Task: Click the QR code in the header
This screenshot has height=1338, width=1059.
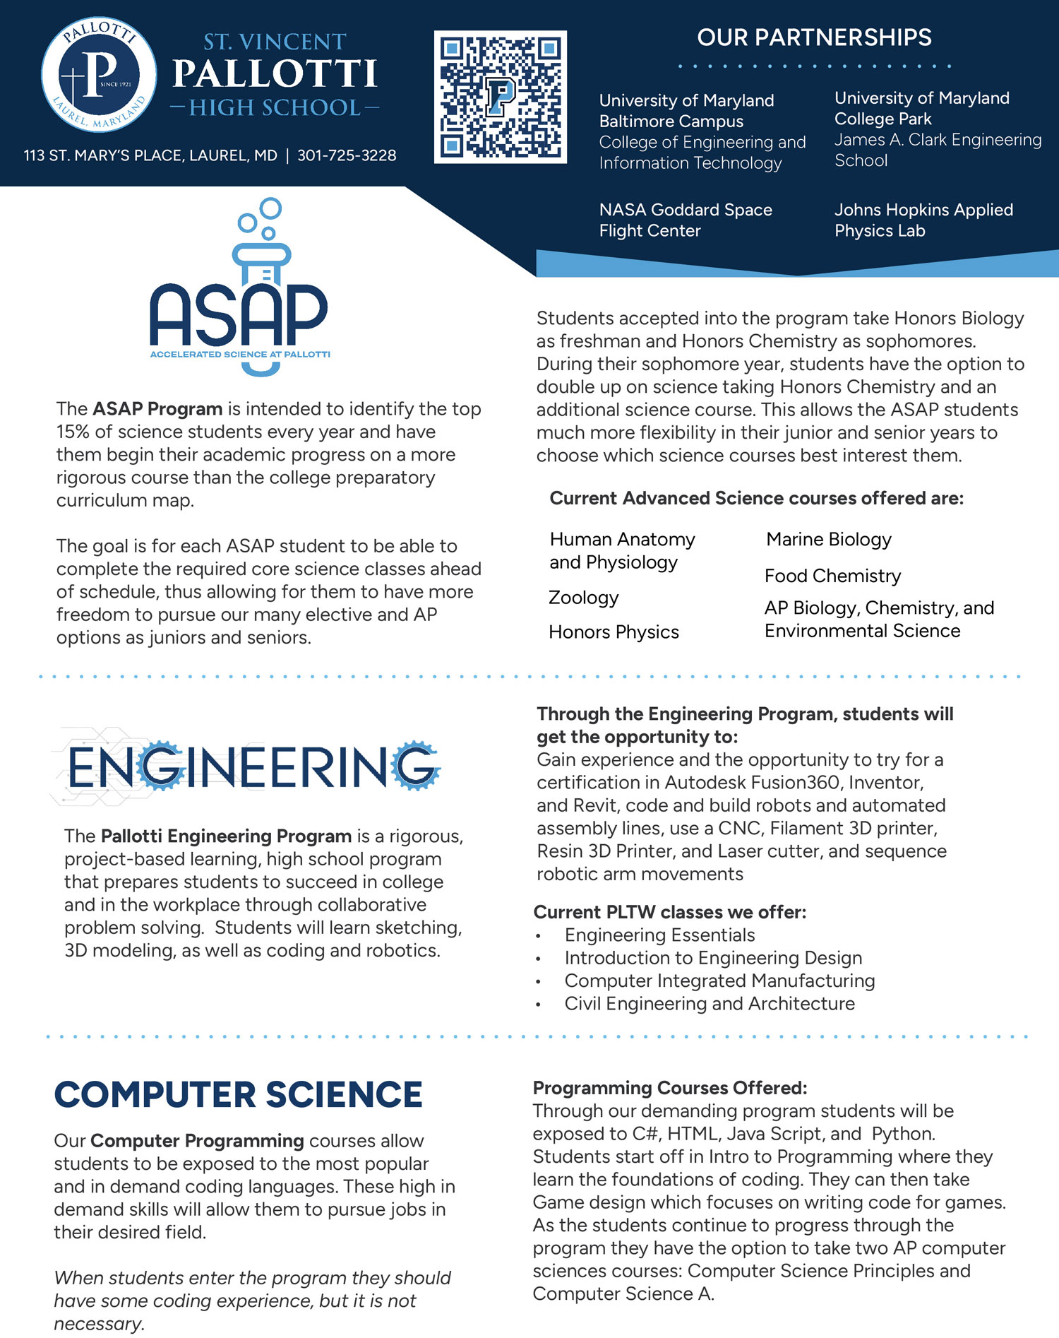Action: (500, 97)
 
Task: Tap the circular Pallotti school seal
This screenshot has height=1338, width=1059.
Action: (99, 75)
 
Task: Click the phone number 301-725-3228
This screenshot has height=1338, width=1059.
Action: (347, 155)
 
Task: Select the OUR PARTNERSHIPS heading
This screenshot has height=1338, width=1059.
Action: (814, 37)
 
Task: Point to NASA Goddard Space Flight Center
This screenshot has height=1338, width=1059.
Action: (685, 220)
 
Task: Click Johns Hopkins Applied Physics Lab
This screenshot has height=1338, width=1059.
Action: (923, 220)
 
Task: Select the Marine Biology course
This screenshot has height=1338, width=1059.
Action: (829, 539)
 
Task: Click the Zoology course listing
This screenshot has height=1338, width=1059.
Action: (583, 598)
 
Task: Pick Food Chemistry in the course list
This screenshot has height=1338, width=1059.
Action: (832, 576)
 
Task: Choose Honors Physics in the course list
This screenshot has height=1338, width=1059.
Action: (614, 632)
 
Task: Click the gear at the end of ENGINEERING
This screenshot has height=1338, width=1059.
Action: (415, 765)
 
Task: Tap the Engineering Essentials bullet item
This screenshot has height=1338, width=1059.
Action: (659, 935)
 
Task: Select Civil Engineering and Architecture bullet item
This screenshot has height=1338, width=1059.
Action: (709, 1003)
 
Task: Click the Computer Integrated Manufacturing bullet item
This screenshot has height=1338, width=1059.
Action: (719, 981)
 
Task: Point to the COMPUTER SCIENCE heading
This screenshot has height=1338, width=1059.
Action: (238, 1094)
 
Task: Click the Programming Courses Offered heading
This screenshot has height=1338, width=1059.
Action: (669, 1087)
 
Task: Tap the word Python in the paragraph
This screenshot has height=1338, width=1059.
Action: (903, 1133)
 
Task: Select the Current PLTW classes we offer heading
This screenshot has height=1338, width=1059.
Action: (669, 912)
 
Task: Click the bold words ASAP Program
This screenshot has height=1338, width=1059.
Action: (157, 408)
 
